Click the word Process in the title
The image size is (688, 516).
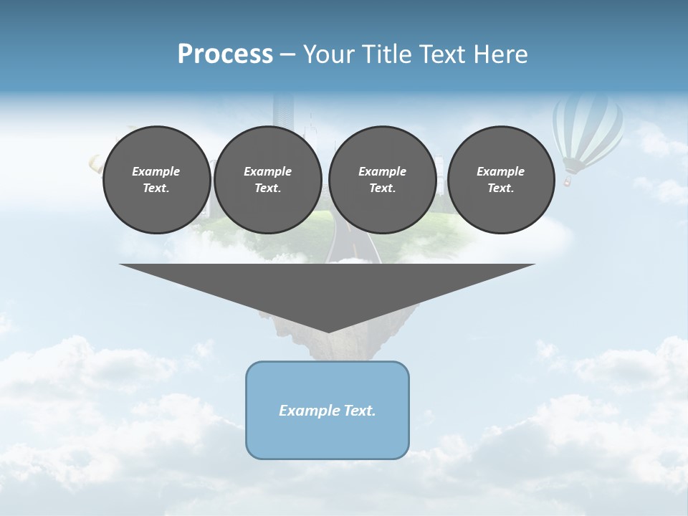(x=225, y=54)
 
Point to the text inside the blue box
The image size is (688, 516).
(x=328, y=411)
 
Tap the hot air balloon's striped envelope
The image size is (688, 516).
(x=586, y=129)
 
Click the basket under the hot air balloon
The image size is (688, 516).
(x=567, y=183)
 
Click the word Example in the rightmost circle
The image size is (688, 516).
(x=501, y=171)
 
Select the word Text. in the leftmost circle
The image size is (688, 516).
(x=156, y=188)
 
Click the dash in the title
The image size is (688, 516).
(x=287, y=54)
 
